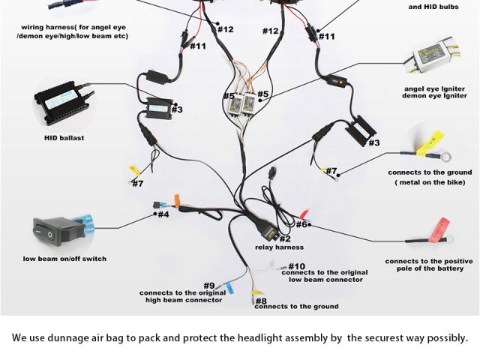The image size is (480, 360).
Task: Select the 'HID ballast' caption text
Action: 64,138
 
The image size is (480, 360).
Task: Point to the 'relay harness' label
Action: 279,247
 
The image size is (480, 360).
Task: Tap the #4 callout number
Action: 162,214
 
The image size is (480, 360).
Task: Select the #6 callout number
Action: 302,224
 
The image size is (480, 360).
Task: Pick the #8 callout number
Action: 260,301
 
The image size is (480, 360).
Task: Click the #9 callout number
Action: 209,286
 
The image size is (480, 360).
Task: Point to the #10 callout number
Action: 296,266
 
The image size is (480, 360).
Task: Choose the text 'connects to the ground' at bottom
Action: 297,307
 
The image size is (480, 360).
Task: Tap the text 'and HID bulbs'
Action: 433,7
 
